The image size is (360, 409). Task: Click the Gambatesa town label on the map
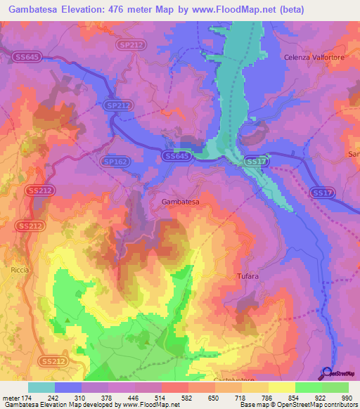pos(181,202)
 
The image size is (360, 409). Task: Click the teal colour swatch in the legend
pos(41,387)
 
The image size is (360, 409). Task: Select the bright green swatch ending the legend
pos(335,387)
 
